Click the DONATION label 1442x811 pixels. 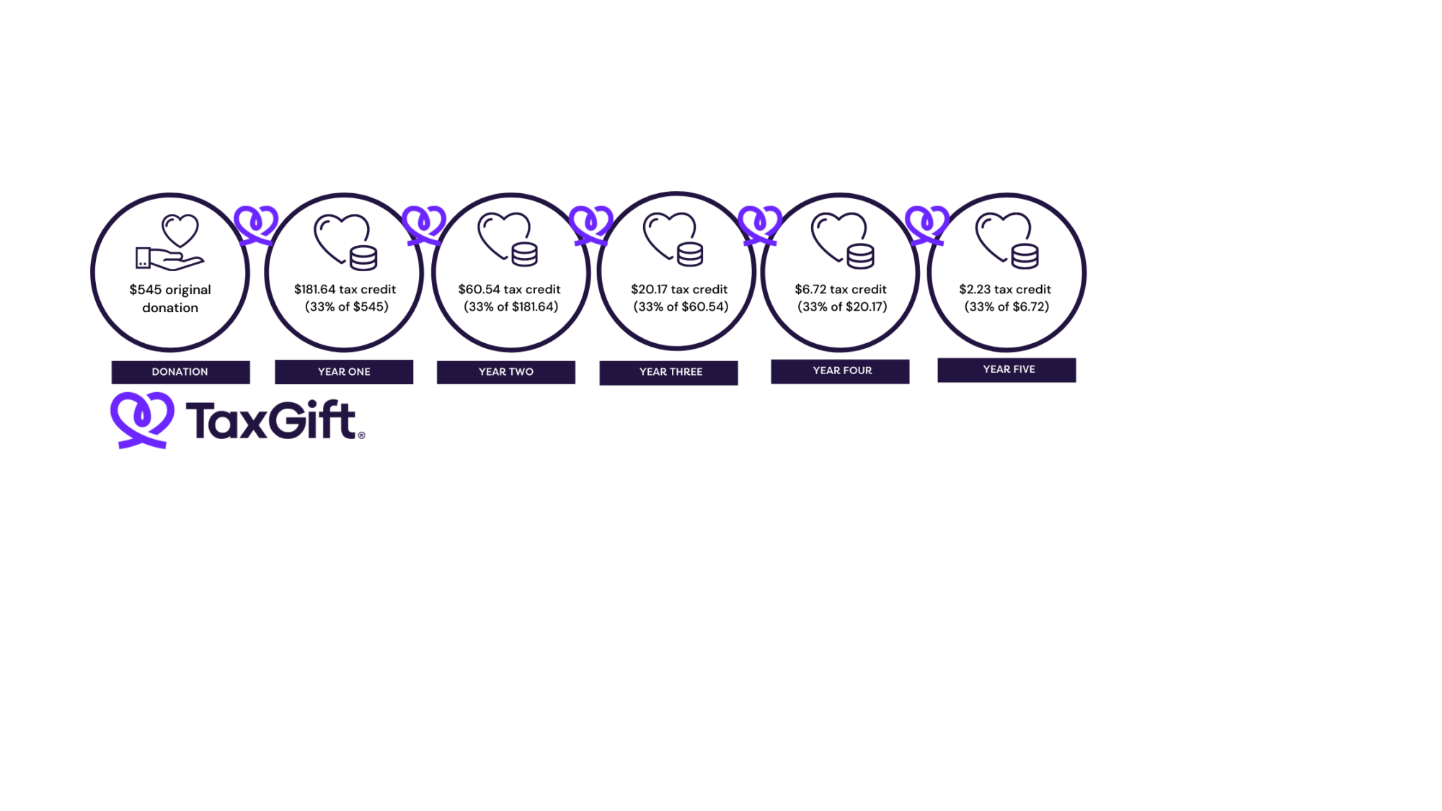coord(180,372)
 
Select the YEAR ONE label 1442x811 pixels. coord(344,372)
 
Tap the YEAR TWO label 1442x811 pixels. coord(505,372)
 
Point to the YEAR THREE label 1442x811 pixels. coord(670,372)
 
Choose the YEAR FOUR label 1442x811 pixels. coord(841,371)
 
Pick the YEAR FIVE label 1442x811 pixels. coord(1008,369)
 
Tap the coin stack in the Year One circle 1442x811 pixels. coord(363,258)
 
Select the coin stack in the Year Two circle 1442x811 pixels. coord(524,254)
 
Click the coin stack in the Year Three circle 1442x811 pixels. coord(690,254)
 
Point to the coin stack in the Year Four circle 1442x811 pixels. coord(860,257)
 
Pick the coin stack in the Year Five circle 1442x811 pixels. coord(1025,257)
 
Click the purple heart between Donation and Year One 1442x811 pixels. coord(256,224)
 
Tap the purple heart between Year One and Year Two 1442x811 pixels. coord(424,224)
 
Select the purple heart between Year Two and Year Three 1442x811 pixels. coord(591,224)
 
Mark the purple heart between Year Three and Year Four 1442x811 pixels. coord(760,224)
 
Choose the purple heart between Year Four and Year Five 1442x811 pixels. coord(927,224)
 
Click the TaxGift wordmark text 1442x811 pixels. coord(276,420)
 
